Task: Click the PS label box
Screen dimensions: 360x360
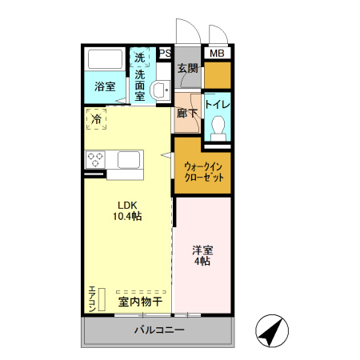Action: [x=166, y=54]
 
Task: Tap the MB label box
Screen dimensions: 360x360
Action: [x=216, y=54]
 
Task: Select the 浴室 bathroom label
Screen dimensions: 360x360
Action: [x=104, y=86]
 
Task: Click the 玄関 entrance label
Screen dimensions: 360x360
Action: [x=187, y=69]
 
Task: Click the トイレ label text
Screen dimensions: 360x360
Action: [x=217, y=104]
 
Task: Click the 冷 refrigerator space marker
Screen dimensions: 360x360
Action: [x=97, y=119]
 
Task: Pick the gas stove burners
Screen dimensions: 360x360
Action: [x=97, y=159]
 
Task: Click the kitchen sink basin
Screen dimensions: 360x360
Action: [x=130, y=159]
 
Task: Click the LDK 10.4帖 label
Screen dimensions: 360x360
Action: [x=126, y=210]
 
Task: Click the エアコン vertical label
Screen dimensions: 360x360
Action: [x=92, y=298]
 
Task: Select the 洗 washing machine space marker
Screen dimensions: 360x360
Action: [x=140, y=58]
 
